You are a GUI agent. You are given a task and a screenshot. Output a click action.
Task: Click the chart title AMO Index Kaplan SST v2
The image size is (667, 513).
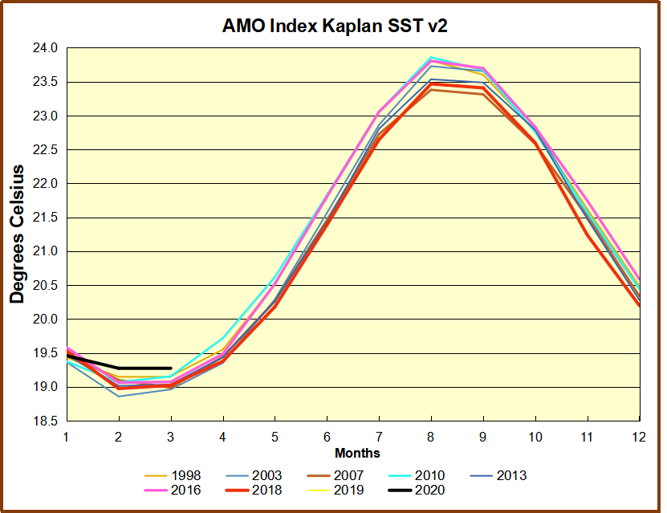point(334,26)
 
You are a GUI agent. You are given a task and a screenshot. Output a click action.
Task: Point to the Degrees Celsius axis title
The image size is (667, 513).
point(17,234)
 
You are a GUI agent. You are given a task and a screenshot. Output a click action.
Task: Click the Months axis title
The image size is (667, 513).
point(357,454)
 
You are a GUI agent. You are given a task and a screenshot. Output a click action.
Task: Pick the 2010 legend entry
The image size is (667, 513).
point(429,475)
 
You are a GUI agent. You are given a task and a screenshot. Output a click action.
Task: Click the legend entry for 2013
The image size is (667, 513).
point(510,475)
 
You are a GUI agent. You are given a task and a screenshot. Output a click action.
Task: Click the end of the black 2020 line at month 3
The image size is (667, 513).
point(171,368)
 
